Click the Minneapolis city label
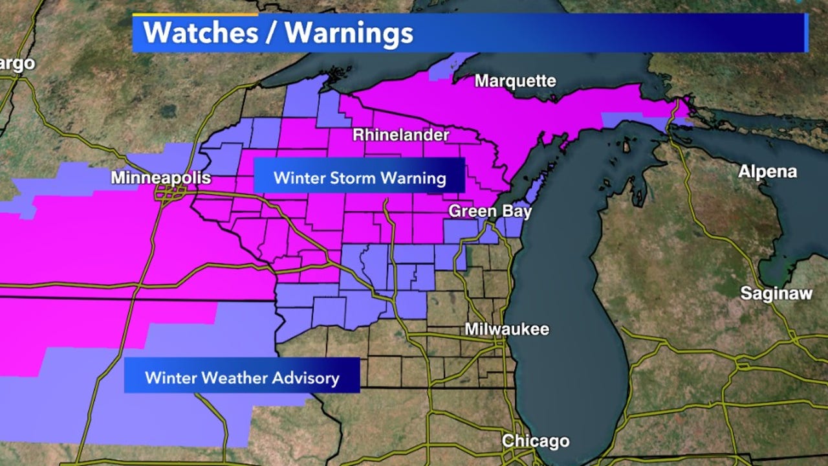pyautogui.click(x=161, y=177)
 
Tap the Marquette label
pyautogui.click(x=515, y=81)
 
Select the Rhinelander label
pyautogui.click(x=400, y=135)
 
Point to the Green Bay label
pyautogui.click(x=490, y=211)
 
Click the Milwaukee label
pyautogui.click(x=507, y=329)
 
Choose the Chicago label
pyautogui.click(x=536, y=441)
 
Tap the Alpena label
pyautogui.click(x=768, y=172)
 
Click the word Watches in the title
pyautogui.click(x=199, y=32)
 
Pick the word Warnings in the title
pyautogui.click(x=349, y=32)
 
